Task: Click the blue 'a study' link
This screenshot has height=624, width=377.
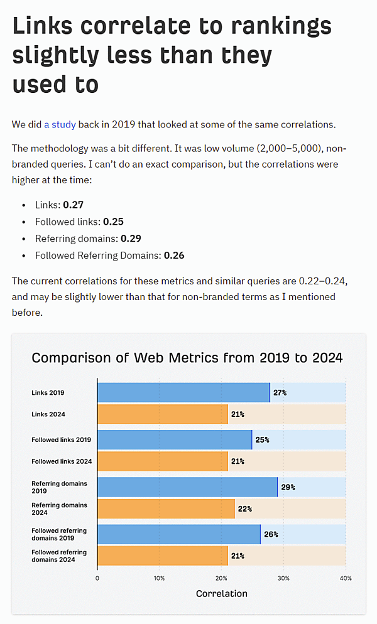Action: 60,124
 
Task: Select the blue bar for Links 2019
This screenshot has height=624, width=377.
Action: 183,392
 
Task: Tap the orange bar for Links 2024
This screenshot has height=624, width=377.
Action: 162,414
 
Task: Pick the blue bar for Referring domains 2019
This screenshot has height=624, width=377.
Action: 187,487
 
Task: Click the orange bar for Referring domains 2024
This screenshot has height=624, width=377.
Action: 165,508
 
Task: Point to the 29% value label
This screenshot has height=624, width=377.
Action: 288,487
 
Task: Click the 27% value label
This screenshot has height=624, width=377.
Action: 280,393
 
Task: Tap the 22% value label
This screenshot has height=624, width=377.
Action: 244,509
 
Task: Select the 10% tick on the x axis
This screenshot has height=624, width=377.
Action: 159,578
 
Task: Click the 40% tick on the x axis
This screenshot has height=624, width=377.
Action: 345,578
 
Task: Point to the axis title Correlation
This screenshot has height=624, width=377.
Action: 221,593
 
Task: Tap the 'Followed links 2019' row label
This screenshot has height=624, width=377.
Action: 62,439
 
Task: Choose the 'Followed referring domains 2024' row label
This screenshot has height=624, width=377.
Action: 59,556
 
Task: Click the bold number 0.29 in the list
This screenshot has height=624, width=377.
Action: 130,239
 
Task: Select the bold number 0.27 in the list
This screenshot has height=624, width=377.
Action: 73,205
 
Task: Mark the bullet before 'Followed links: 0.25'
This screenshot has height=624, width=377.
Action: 24,222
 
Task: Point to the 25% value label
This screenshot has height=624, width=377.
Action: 262,440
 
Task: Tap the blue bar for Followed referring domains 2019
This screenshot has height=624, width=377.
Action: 178,534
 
